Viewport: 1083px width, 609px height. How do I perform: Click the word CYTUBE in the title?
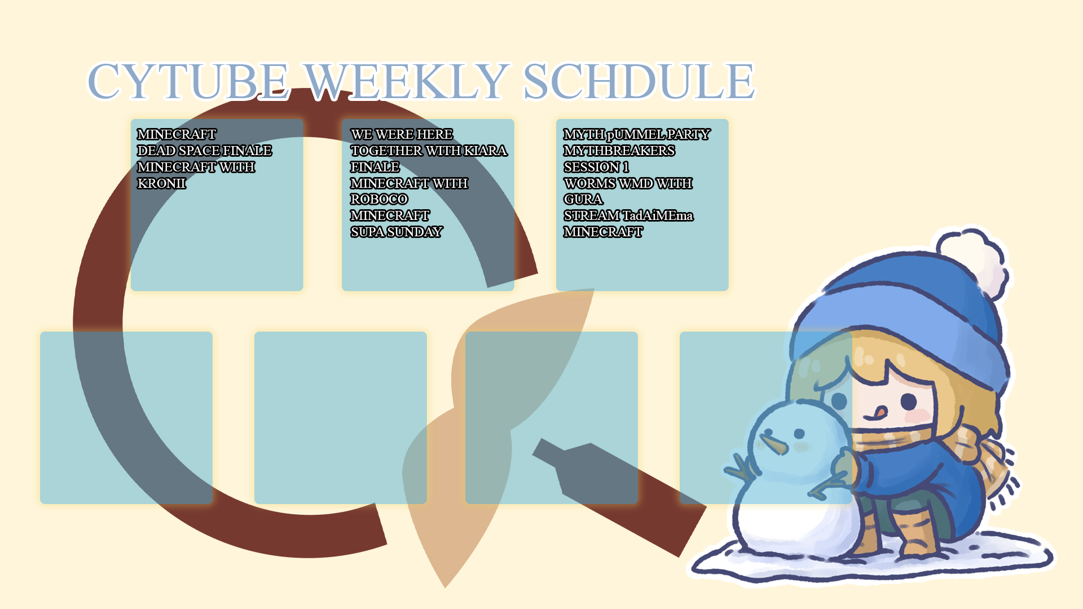tap(188, 81)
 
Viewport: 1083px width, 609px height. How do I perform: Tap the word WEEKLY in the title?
tap(407, 81)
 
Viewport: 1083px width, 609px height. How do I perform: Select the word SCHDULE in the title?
tap(639, 81)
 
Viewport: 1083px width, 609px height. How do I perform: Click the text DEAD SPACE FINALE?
tap(205, 151)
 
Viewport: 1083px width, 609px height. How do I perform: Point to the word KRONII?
tap(161, 183)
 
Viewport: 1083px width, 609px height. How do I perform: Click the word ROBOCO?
tap(379, 199)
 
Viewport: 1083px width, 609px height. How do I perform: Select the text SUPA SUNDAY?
tap(397, 232)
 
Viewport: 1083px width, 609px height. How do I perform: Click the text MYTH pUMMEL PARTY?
tap(637, 134)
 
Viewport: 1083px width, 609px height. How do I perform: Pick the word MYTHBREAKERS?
tap(619, 151)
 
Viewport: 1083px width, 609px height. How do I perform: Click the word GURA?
tap(583, 199)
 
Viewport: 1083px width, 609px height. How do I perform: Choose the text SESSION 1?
tap(596, 167)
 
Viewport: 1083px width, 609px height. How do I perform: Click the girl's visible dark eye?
tap(908, 401)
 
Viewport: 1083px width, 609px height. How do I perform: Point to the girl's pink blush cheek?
tap(917, 416)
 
